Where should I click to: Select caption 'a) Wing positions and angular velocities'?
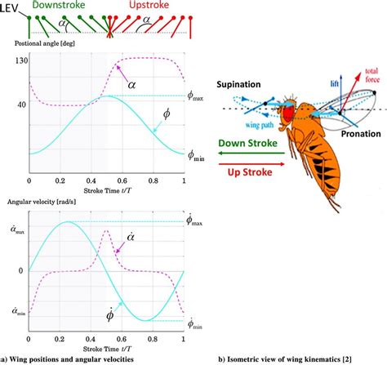(x=73, y=358)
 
